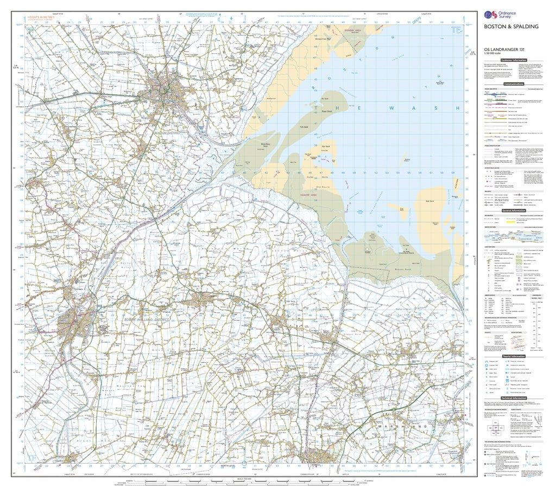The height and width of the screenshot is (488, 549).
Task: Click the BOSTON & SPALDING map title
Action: coord(503,26)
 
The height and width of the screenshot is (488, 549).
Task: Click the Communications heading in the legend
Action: coord(513,85)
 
